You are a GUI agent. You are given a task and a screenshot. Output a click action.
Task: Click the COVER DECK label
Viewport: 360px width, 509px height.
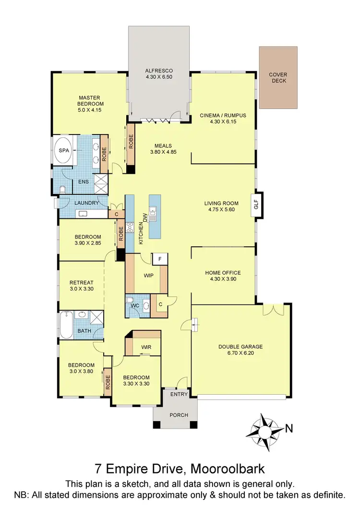277,77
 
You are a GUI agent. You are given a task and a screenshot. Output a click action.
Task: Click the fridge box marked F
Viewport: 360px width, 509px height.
159,259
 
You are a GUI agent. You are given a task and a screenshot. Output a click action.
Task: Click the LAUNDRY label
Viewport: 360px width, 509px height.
86,203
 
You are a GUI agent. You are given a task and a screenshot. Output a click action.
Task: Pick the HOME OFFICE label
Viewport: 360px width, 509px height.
223,273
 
